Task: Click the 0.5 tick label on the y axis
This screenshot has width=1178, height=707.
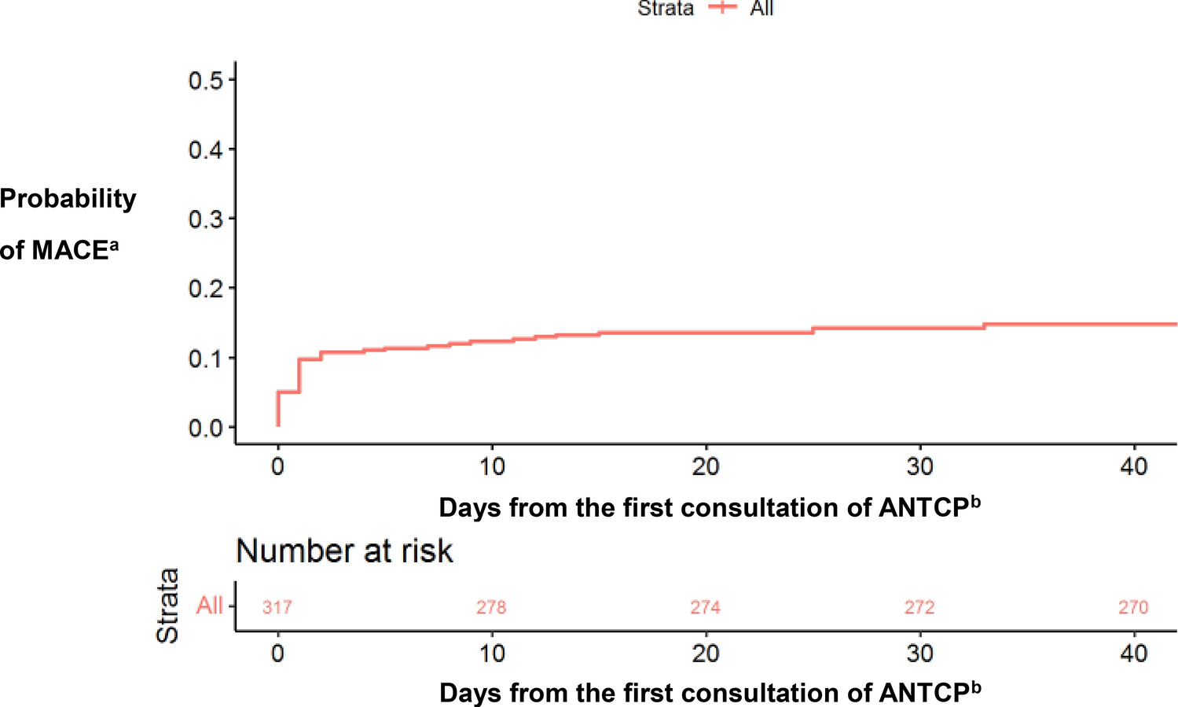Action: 205,80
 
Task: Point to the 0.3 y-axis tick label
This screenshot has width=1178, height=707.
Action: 205,219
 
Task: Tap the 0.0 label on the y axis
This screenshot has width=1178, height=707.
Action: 205,429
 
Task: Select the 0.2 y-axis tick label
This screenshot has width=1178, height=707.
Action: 205,289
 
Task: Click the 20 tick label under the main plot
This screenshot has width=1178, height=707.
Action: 705,467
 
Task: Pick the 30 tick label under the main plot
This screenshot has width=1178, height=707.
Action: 919,467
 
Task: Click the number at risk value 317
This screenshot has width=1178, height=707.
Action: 277,607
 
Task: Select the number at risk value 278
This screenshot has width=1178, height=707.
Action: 491,607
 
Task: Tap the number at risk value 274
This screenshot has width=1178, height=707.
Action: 705,607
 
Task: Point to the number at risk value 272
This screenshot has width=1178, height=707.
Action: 919,607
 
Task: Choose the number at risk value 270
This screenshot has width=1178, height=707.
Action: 1133,607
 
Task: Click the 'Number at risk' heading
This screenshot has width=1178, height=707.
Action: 344,551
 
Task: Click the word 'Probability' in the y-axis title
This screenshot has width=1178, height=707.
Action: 68,199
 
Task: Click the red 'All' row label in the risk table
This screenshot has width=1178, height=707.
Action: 209,606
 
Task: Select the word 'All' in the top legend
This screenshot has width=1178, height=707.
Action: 761,9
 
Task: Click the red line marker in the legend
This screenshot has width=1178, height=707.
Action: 722,7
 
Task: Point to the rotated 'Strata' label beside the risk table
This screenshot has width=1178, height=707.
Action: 167,606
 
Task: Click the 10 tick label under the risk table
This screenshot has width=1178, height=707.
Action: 492,654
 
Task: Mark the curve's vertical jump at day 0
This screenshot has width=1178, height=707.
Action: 278,409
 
